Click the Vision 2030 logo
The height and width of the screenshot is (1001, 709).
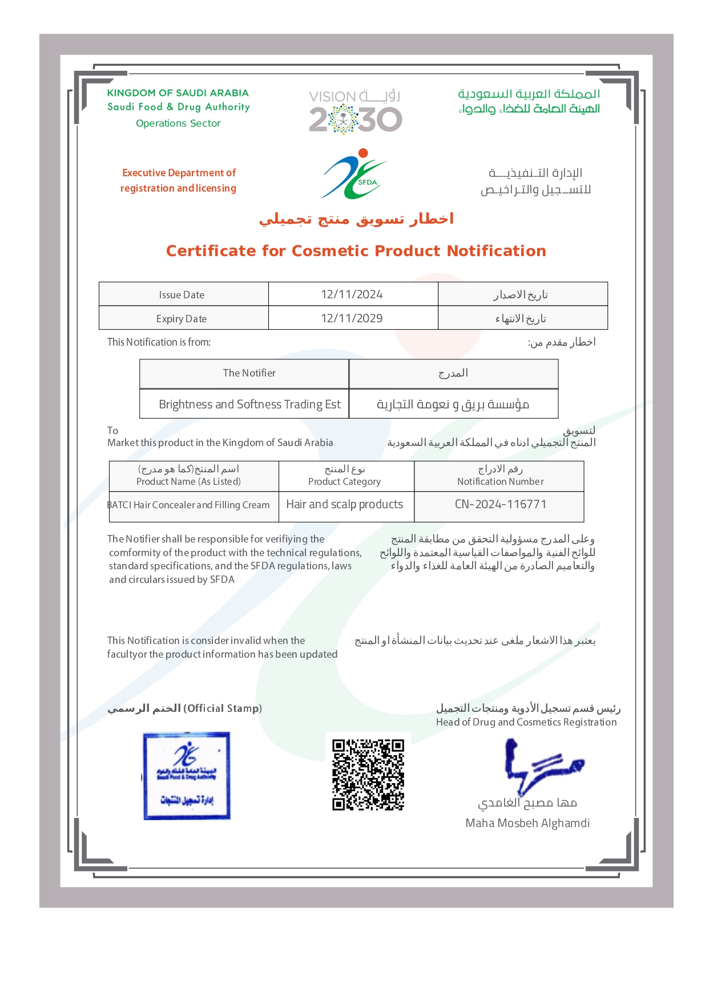pyautogui.click(x=355, y=112)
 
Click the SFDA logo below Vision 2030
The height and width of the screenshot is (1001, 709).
pyautogui.click(x=354, y=175)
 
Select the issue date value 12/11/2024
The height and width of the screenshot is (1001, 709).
pyautogui.click(x=352, y=294)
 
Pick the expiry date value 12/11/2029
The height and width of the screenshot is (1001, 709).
pyautogui.click(x=352, y=318)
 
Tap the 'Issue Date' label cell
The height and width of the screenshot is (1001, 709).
pyautogui.click(x=182, y=295)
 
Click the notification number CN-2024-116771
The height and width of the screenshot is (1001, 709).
pyautogui.click(x=500, y=504)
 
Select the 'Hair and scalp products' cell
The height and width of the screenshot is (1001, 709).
pyautogui.click(x=344, y=504)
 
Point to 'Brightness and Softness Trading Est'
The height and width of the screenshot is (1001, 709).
pyautogui.click(x=249, y=404)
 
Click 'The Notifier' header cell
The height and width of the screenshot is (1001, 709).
pyautogui.click(x=249, y=373)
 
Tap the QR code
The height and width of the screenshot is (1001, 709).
pyautogui.click(x=368, y=775)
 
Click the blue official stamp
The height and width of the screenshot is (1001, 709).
pyautogui.click(x=187, y=776)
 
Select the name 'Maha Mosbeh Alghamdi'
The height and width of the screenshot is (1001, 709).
pyautogui.click(x=527, y=823)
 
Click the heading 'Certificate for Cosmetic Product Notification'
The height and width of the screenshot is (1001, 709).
pyautogui.click(x=356, y=251)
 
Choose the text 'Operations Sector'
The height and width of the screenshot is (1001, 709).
pyautogui.click(x=178, y=123)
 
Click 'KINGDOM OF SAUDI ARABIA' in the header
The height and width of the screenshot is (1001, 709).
pyautogui.click(x=178, y=93)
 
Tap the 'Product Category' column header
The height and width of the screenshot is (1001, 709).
pyautogui.click(x=344, y=481)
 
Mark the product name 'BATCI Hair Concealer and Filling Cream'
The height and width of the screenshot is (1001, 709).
pyautogui.click(x=189, y=505)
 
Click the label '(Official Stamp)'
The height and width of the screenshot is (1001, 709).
pyautogui.click(x=223, y=708)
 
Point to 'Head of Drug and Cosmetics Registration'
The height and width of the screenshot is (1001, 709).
pyautogui.click(x=526, y=722)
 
